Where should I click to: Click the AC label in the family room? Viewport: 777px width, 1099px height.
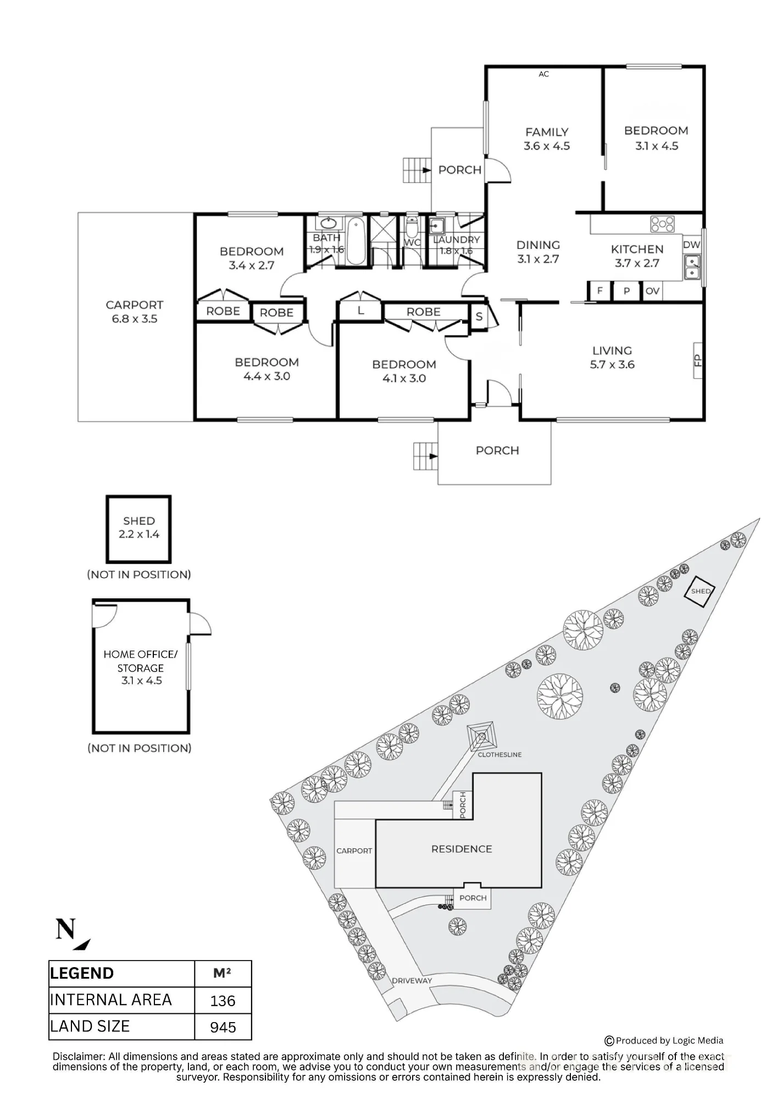(543, 74)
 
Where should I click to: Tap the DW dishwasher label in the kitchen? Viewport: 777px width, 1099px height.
(692, 245)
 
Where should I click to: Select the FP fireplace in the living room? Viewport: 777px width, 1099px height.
(698, 361)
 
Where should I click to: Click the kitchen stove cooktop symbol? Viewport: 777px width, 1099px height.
(662, 224)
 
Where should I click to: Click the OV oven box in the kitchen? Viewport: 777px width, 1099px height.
(652, 291)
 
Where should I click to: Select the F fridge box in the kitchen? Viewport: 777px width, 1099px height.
(600, 291)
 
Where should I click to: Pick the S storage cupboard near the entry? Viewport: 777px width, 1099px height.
(479, 317)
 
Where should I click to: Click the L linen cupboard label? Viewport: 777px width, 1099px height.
(360, 311)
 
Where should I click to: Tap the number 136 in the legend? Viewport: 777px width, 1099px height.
(223, 1001)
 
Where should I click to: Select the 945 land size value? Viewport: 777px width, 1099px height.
(223, 1027)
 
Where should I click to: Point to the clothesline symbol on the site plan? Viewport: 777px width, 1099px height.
(482, 735)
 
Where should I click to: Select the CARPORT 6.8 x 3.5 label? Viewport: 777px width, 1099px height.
(135, 312)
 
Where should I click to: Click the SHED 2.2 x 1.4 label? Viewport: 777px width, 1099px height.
(139, 528)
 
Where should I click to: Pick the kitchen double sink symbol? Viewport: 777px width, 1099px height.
(692, 267)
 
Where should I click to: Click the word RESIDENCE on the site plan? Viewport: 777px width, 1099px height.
(462, 849)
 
